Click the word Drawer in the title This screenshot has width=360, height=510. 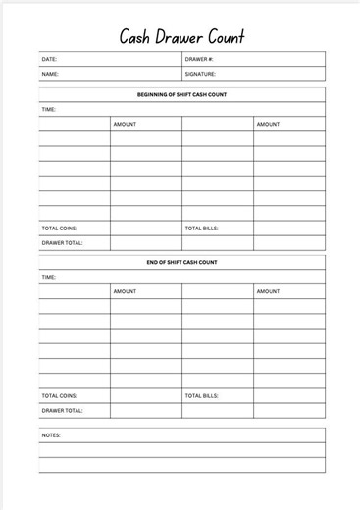(180, 37)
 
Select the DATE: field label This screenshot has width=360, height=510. (50, 60)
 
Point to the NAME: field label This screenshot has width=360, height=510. (50, 74)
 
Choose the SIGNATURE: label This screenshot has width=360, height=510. (201, 74)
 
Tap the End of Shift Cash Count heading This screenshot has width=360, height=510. (181, 263)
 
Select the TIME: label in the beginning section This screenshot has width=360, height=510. (49, 110)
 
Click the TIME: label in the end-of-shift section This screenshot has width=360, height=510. (49, 278)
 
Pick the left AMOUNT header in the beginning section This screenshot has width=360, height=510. (125, 125)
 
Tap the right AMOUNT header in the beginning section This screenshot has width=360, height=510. (268, 125)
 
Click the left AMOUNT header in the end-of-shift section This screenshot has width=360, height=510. (125, 292)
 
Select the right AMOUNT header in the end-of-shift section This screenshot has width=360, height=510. (268, 292)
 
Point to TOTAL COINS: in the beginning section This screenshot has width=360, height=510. (60, 229)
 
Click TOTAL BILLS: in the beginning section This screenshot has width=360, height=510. (201, 229)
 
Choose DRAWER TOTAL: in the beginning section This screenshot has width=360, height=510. (62, 243)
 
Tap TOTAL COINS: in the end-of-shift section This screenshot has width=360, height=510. (60, 396)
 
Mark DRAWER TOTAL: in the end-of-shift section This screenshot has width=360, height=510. (62, 411)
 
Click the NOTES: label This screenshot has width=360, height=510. (51, 434)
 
